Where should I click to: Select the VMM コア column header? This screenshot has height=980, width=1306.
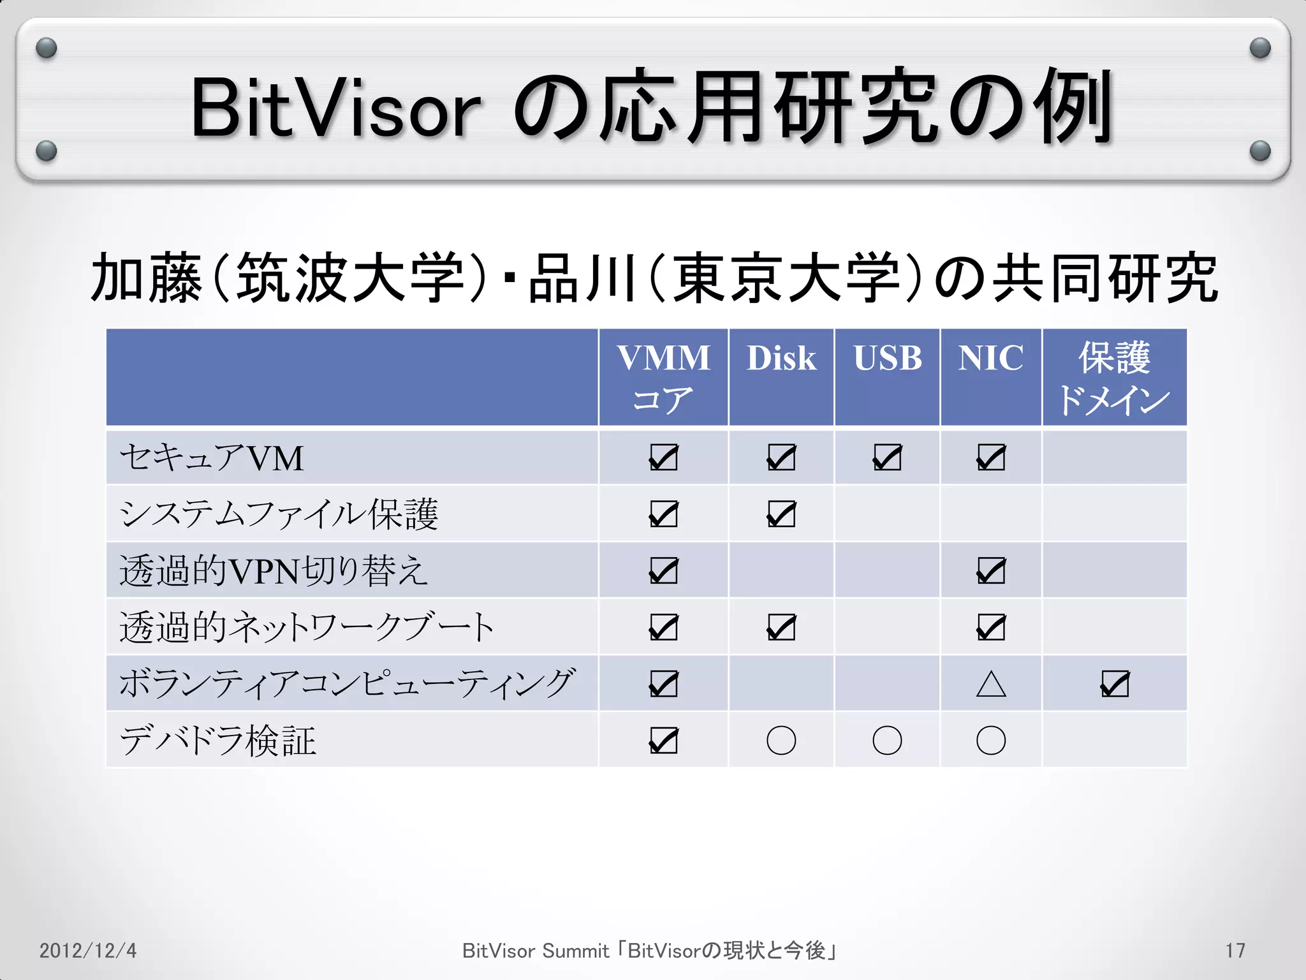click(663, 378)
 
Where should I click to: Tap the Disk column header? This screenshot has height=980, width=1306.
click(781, 359)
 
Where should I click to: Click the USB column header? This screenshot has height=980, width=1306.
click(887, 359)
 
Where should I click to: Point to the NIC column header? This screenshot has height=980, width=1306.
click(990, 359)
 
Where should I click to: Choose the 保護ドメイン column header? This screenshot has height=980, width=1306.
click(1114, 378)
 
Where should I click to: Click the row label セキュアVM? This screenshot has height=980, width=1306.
click(212, 458)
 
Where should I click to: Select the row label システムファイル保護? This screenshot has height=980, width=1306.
click(279, 514)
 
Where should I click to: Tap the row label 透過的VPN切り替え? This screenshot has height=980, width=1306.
click(274, 570)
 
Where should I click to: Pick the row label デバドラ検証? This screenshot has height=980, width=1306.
click(218, 741)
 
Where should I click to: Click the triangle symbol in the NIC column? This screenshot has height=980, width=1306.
click(991, 685)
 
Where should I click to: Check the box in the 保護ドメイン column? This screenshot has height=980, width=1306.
click(1115, 685)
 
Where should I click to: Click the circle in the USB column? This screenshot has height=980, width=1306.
click(887, 741)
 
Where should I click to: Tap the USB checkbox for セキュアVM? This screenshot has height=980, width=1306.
click(887, 457)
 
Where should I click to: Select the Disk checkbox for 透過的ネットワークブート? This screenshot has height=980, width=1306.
click(781, 628)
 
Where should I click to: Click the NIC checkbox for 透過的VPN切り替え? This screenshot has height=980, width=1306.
click(991, 571)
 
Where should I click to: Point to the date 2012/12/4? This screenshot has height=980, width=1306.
click(88, 951)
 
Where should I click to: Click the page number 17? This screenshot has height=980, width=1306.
click(1235, 951)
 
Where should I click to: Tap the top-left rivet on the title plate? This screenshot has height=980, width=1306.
click(47, 48)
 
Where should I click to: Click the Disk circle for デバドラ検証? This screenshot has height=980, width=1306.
click(781, 741)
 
